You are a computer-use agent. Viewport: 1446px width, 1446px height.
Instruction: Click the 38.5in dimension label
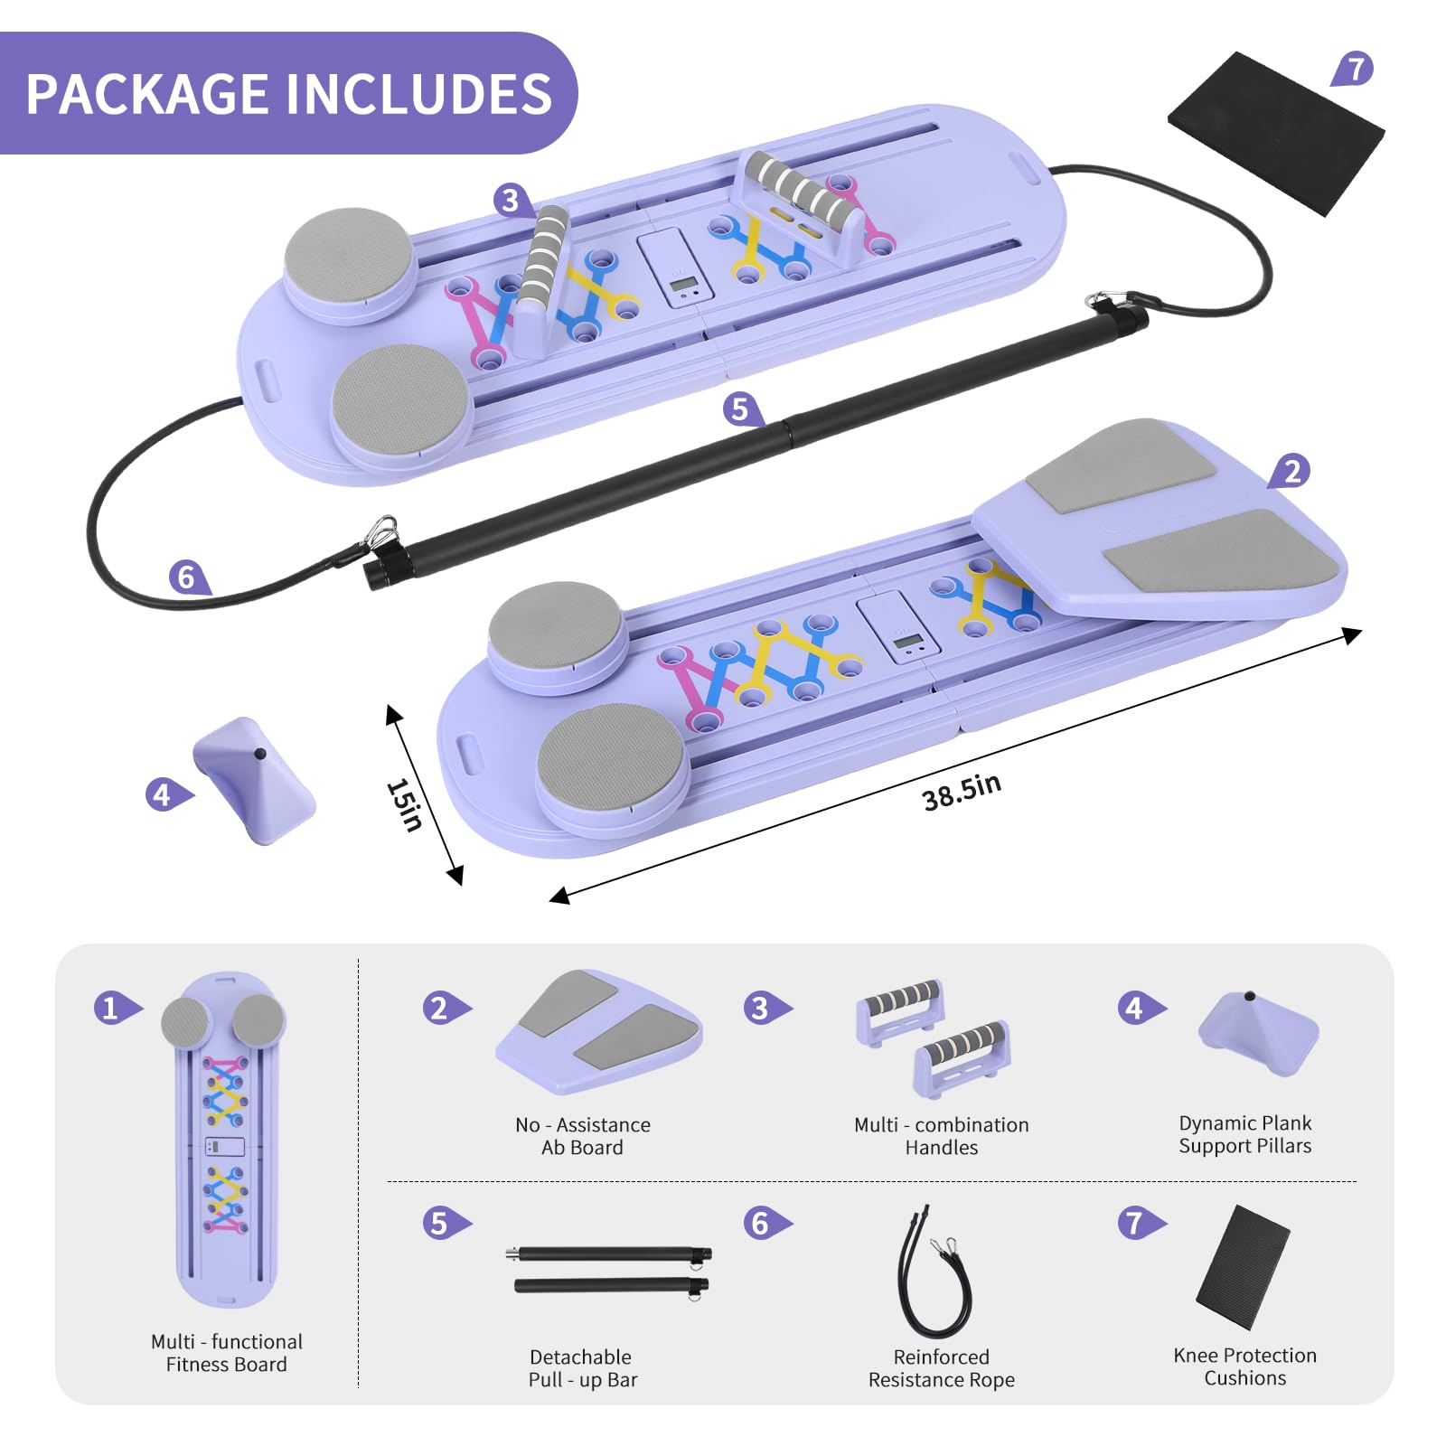(962, 793)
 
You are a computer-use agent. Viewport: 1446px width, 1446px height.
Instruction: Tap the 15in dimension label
(404, 804)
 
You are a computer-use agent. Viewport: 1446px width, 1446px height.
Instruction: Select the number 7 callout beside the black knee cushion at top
(1353, 69)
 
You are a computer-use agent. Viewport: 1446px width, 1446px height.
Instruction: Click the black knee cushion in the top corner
(1276, 133)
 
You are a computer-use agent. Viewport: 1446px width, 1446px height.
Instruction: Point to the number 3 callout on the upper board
(512, 200)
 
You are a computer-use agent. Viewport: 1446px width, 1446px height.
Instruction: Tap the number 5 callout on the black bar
(741, 409)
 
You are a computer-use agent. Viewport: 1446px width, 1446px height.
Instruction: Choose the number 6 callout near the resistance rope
(187, 577)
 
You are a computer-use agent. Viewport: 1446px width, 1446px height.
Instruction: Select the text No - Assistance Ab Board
(582, 1136)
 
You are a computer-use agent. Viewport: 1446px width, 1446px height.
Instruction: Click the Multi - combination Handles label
(942, 1136)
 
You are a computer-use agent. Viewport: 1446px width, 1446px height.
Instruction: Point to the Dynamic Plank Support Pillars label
(1244, 1134)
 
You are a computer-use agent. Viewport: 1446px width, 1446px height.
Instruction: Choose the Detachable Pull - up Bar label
(582, 1368)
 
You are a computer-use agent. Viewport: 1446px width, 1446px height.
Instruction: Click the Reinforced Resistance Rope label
(942, 1368)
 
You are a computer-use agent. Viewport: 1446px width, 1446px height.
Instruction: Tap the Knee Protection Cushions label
(1244, 1366)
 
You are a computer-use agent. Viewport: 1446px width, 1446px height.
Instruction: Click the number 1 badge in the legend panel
(113, 1007)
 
